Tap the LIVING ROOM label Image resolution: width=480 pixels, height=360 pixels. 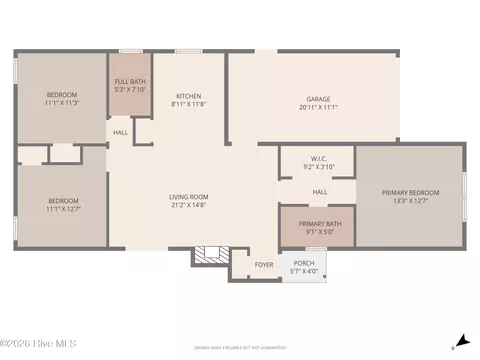pos(187,197)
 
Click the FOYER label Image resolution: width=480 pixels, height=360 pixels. pos(264,265)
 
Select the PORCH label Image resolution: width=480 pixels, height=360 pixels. pos(304,264)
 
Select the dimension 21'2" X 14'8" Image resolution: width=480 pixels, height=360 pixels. pos(187,205)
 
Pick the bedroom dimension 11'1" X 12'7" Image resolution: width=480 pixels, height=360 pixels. pos(62,208)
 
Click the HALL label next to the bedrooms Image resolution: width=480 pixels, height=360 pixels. pos(120,132)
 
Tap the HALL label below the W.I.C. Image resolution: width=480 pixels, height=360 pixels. pos(319,192)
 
